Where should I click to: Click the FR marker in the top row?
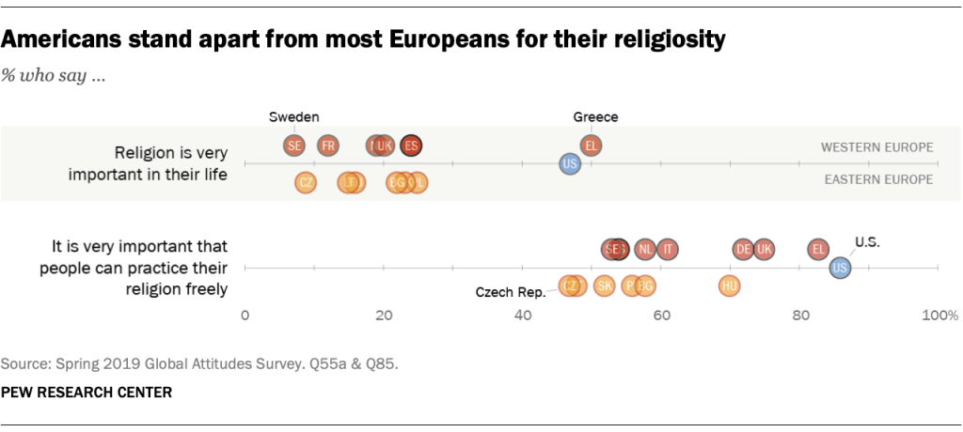327,146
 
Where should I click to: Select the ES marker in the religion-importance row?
411,146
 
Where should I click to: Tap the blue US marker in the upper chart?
569,164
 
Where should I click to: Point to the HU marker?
729,285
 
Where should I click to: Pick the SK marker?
605,285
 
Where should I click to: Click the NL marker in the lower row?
644,249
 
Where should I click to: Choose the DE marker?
744,249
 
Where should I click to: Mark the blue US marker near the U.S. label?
841,268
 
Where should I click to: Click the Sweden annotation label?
294,117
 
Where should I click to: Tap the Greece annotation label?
595,117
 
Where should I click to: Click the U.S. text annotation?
866,241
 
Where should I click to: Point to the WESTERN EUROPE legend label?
876,147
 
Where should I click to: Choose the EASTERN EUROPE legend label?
877,179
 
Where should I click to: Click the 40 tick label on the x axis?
523,316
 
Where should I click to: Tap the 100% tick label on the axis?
939,316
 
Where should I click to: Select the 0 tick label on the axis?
245,316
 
